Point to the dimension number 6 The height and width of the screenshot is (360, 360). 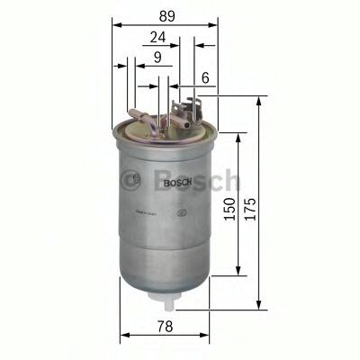click(x=205, y=79)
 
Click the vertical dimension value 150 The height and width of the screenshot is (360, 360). click(x=229, y=209)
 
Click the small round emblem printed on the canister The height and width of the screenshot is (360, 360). click(x=183, y=212)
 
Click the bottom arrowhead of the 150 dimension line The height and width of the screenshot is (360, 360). click(x=238, y=272)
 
